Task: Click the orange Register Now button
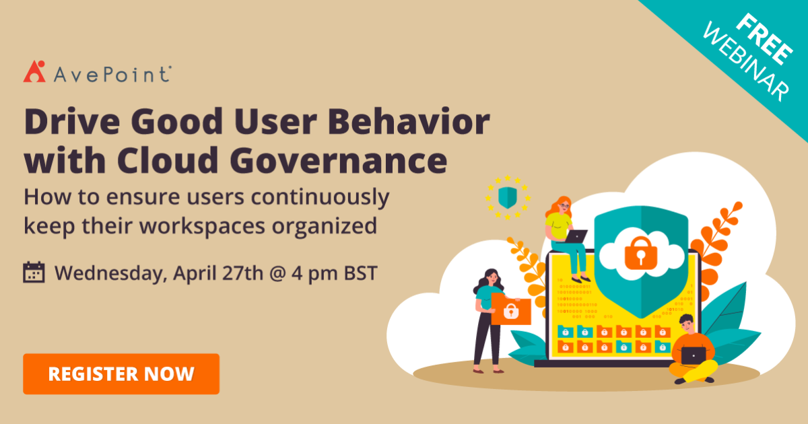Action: (121, 374)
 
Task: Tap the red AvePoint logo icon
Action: (34, 71)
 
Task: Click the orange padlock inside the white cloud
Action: (636, 252)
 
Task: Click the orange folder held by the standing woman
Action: (510, 309)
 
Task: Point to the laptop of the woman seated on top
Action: (576, 236)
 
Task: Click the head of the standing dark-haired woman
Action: (490, 277)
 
